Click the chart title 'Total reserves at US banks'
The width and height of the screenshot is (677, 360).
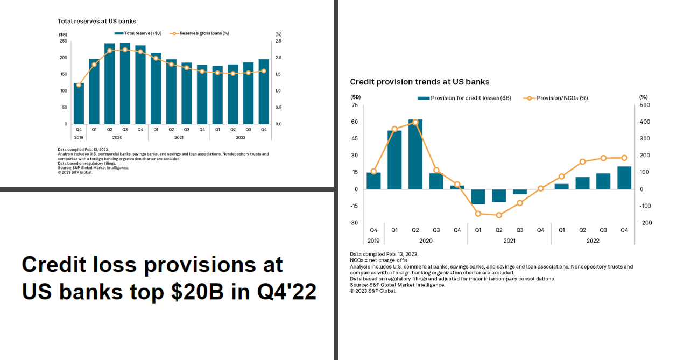click(x=97, y=21)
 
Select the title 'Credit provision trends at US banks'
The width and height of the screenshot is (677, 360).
click(x=420, y=82)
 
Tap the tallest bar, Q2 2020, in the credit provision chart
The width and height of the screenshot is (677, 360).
click(x=415, y=154)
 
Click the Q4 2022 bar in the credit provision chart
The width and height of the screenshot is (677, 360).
click(x=624, y=178)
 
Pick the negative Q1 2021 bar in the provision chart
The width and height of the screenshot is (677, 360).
click(x=478, y=196)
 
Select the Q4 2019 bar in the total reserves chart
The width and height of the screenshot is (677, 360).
click(x=79, y=103)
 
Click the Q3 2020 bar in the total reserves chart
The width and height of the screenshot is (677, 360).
click(x=125, y=83)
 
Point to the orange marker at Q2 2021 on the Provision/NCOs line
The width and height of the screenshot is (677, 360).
click(x=499, y=215)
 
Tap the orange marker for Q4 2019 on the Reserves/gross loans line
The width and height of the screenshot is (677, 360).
click(x=79, y=84)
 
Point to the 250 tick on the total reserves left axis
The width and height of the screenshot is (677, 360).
click(x=64, y=41)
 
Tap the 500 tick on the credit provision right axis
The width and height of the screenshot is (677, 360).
click(x=644, y=105)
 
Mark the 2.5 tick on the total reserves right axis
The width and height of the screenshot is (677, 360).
click(x=278, y=41)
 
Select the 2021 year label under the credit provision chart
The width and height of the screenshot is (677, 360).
click(x=509, y=241)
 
